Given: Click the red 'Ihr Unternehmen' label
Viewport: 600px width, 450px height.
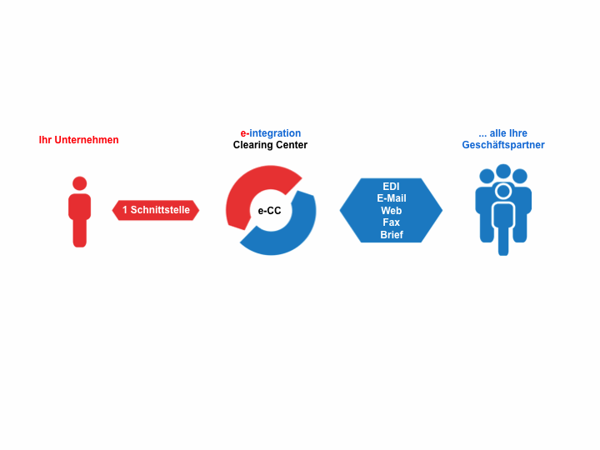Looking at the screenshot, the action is click(x=79, y=140).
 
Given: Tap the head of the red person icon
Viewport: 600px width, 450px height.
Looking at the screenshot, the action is click(x=80, y=183).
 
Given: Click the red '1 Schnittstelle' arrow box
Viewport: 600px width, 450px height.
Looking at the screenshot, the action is click(x=156, y=210).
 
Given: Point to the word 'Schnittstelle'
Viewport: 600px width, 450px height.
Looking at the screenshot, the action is click(x=160, y=210).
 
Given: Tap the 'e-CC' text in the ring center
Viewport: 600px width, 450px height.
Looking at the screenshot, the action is click(x=269, y=211).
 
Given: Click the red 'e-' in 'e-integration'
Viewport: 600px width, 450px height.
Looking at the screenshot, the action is click(x=244, y=133).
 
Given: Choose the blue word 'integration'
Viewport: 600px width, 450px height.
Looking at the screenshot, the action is click(x=275, y=133).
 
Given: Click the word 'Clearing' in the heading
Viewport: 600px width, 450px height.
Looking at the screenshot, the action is click(x=252, y=145).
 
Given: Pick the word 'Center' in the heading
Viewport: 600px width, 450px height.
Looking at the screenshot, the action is click(x=291, y=145).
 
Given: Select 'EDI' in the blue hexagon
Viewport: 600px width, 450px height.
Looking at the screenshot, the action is click(x=391, y=187).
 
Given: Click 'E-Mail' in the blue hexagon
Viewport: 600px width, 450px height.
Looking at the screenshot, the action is click(x=392, y=198).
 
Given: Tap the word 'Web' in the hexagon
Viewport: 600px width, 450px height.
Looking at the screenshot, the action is click(x=391, y=211).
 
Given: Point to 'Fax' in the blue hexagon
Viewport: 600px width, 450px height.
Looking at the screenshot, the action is click(x=391, y=222).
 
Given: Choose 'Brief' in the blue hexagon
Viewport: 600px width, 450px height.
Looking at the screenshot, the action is click(x=392, y=234).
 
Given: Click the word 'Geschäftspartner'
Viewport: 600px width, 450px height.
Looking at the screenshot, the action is click(x=503, y=145).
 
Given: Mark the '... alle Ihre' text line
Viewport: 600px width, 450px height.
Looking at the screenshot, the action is click(x=502, y=133).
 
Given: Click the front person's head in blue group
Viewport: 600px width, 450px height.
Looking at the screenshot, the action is click(x=503, y=191).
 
